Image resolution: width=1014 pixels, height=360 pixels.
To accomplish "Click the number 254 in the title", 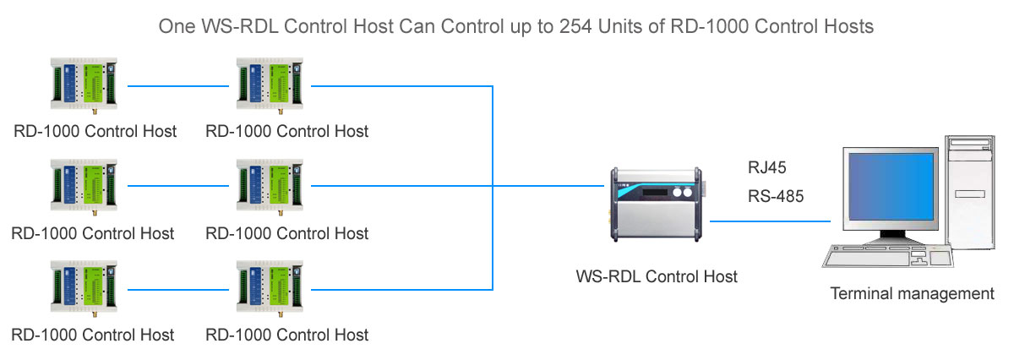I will point(575,26).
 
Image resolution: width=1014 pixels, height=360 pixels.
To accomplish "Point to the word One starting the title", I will point(175,26).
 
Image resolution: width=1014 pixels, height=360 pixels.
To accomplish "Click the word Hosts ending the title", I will point(849,26).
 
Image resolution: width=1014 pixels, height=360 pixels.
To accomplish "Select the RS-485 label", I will point(776,196).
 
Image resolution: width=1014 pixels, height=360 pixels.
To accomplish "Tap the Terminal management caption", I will point(912,294).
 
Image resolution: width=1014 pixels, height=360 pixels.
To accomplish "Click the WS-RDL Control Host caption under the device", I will point(657,276).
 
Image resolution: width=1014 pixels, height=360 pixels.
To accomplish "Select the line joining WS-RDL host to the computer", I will point(770,221).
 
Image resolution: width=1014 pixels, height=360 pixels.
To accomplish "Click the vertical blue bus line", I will point(493,186).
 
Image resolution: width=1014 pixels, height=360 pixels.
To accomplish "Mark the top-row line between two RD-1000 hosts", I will point(178,85).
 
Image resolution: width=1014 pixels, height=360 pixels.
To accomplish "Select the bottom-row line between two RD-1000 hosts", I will point(178,288).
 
